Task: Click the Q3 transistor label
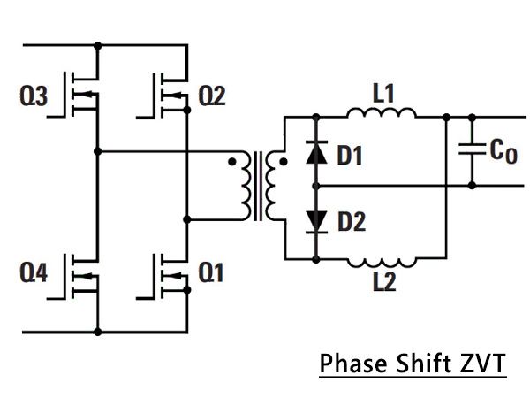point(34,96)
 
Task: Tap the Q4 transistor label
point(34,274)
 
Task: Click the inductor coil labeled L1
point(382,112)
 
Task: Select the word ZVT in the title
point(481,364)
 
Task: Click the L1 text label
point(382,92)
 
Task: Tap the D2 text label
point(352,223)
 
